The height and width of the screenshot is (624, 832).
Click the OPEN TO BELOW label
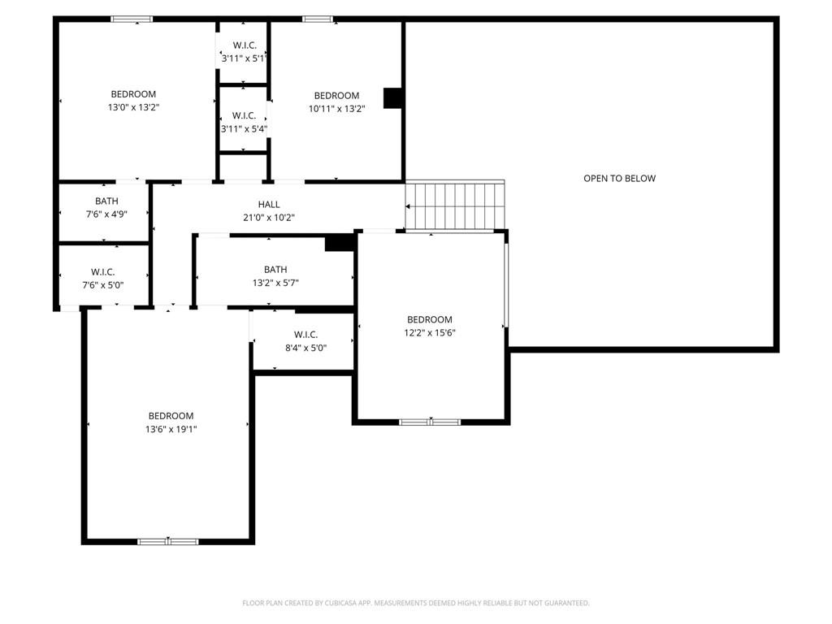tap(619, 179)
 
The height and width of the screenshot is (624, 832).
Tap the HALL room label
tap(269, 204)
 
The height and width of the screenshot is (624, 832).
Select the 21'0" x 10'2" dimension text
tap(269, 218)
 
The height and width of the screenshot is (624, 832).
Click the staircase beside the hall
tap(455, 206)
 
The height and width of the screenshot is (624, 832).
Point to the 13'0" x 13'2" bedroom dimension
tap(134, 107)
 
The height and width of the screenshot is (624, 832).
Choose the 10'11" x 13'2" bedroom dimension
tap(337, 109)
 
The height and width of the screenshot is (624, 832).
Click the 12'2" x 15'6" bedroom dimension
tap(430, 332)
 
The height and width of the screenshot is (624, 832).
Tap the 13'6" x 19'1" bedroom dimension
tap(171, 429)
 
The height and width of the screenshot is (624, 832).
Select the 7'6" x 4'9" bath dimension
tap(106, 214)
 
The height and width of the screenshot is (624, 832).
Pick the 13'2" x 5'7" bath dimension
tap(275, 283)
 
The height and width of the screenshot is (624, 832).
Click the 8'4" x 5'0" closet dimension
tap(305, 348)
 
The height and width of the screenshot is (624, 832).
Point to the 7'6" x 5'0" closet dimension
tap(103, 285)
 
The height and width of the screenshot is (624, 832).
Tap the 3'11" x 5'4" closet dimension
tap(244, 129)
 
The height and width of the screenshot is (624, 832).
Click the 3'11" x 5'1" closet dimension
tap(243, 58)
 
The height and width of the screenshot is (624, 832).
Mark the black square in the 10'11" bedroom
tap(392, 98)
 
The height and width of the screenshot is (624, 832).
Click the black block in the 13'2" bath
tap(340, 243)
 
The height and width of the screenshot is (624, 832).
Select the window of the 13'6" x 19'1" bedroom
tap(168, 542)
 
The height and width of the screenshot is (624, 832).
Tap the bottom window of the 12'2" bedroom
tap(430, 422)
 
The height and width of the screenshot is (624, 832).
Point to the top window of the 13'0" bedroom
tap(132, 19)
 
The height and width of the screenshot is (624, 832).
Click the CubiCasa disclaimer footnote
tap(416, 603)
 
